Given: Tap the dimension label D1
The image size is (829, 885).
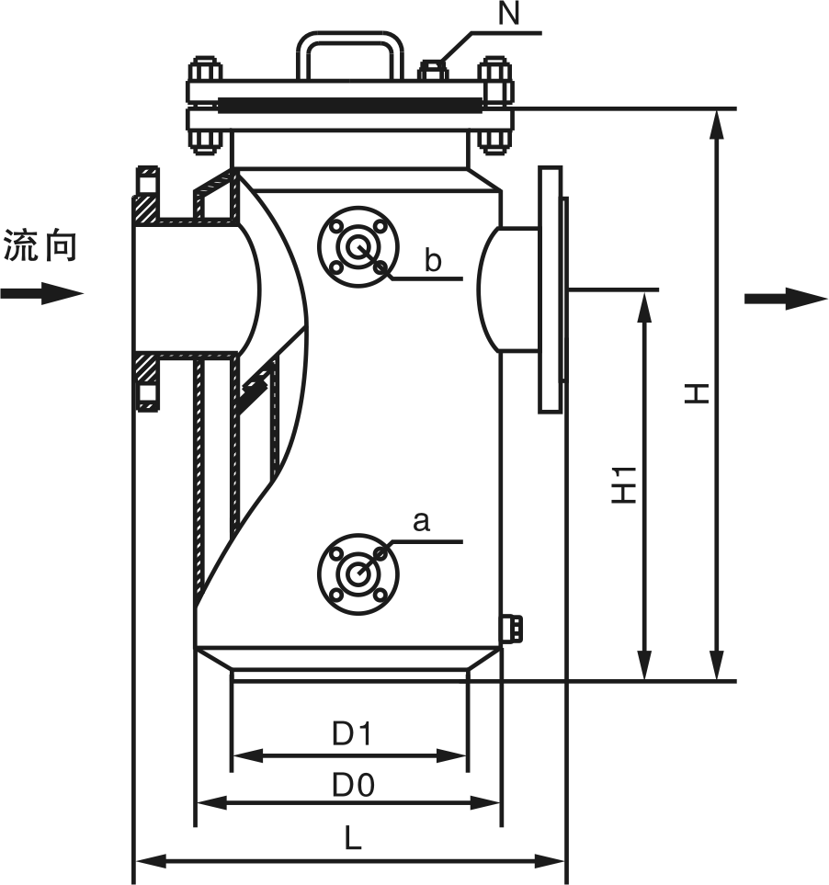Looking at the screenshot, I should point(351,733).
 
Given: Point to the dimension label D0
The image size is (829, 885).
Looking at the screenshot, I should point(353,785).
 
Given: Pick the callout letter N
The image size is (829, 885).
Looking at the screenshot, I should point(507,13).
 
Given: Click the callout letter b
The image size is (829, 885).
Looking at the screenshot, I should point(433,261).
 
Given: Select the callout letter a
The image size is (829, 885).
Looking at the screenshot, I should point(421,522).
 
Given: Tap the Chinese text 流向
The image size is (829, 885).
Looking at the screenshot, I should point(40,246).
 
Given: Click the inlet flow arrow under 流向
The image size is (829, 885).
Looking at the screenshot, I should point(41,294).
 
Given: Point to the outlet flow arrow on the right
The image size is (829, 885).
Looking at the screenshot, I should point(786,298).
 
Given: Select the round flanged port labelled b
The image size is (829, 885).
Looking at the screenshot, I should point(358,246).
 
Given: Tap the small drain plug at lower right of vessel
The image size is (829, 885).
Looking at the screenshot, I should point(512,628).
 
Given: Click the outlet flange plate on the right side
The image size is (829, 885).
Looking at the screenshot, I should point(550,289).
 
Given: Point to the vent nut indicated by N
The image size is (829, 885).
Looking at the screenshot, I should point(434,69).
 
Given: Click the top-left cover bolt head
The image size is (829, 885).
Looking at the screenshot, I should point(204,70).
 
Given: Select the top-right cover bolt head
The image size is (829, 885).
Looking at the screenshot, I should point(494,70).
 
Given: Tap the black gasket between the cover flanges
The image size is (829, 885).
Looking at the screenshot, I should point(349,104).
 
